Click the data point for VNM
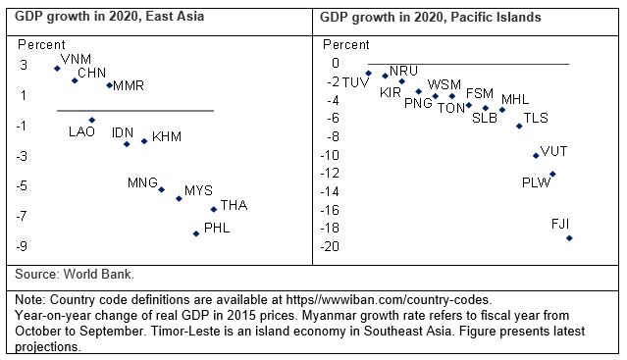57,69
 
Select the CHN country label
92,74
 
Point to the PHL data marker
196,233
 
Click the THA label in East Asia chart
234,205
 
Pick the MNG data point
162,189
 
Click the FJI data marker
569,238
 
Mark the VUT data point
536,155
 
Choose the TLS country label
536,119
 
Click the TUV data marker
368,74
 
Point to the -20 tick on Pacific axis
333,246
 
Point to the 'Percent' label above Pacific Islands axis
346,45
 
